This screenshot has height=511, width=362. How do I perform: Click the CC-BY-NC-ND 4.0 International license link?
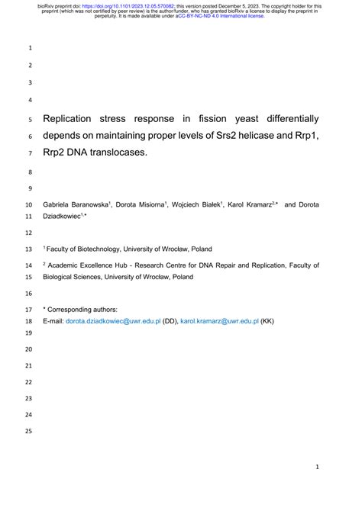220,16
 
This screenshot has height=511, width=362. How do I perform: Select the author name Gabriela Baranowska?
76,205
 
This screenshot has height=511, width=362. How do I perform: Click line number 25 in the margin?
29,432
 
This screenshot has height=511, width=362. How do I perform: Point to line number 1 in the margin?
31,48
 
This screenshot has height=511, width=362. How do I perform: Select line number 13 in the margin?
29,249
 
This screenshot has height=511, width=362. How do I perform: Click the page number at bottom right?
317,466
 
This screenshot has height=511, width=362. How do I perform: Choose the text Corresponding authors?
84,310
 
